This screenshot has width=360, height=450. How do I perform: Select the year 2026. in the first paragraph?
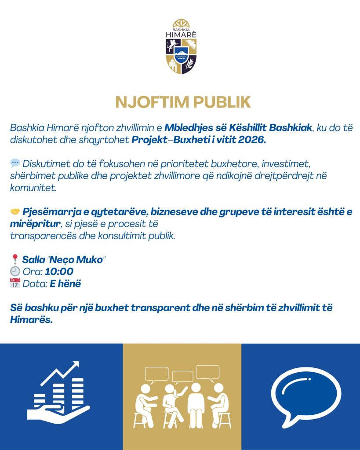254,141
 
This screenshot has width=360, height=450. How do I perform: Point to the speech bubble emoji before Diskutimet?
15,163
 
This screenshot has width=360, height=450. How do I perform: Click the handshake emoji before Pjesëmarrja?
15,211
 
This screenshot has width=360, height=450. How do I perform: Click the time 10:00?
59,272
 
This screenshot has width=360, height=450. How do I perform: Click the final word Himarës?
31,320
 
